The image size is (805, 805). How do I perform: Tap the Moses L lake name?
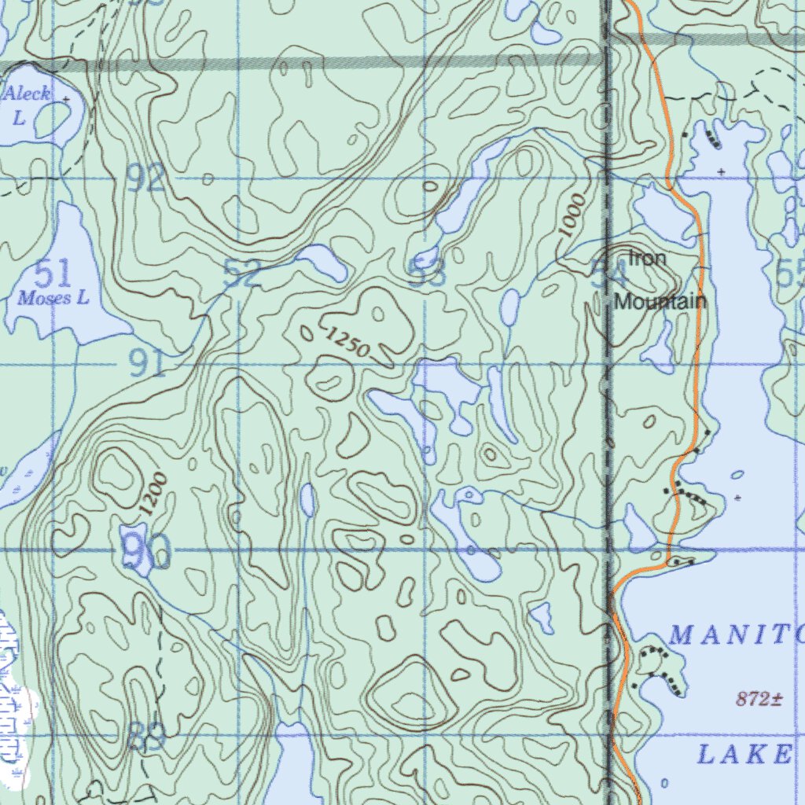click(x=53, y=298)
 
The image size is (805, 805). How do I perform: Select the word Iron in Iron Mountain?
click(x=647, y=258)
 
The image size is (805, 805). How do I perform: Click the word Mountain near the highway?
click(x=660, y=301)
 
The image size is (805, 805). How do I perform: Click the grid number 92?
click(x=147, y=180)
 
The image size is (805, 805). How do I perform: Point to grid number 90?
click(x=147, y=552)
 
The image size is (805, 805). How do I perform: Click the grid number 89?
click(x=146, y=737)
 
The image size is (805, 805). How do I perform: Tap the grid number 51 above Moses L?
click(x=53, y=274)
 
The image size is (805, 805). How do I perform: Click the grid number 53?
click(x=428, y=273)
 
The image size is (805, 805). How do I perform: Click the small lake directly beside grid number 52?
click(x=322, y=263)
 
